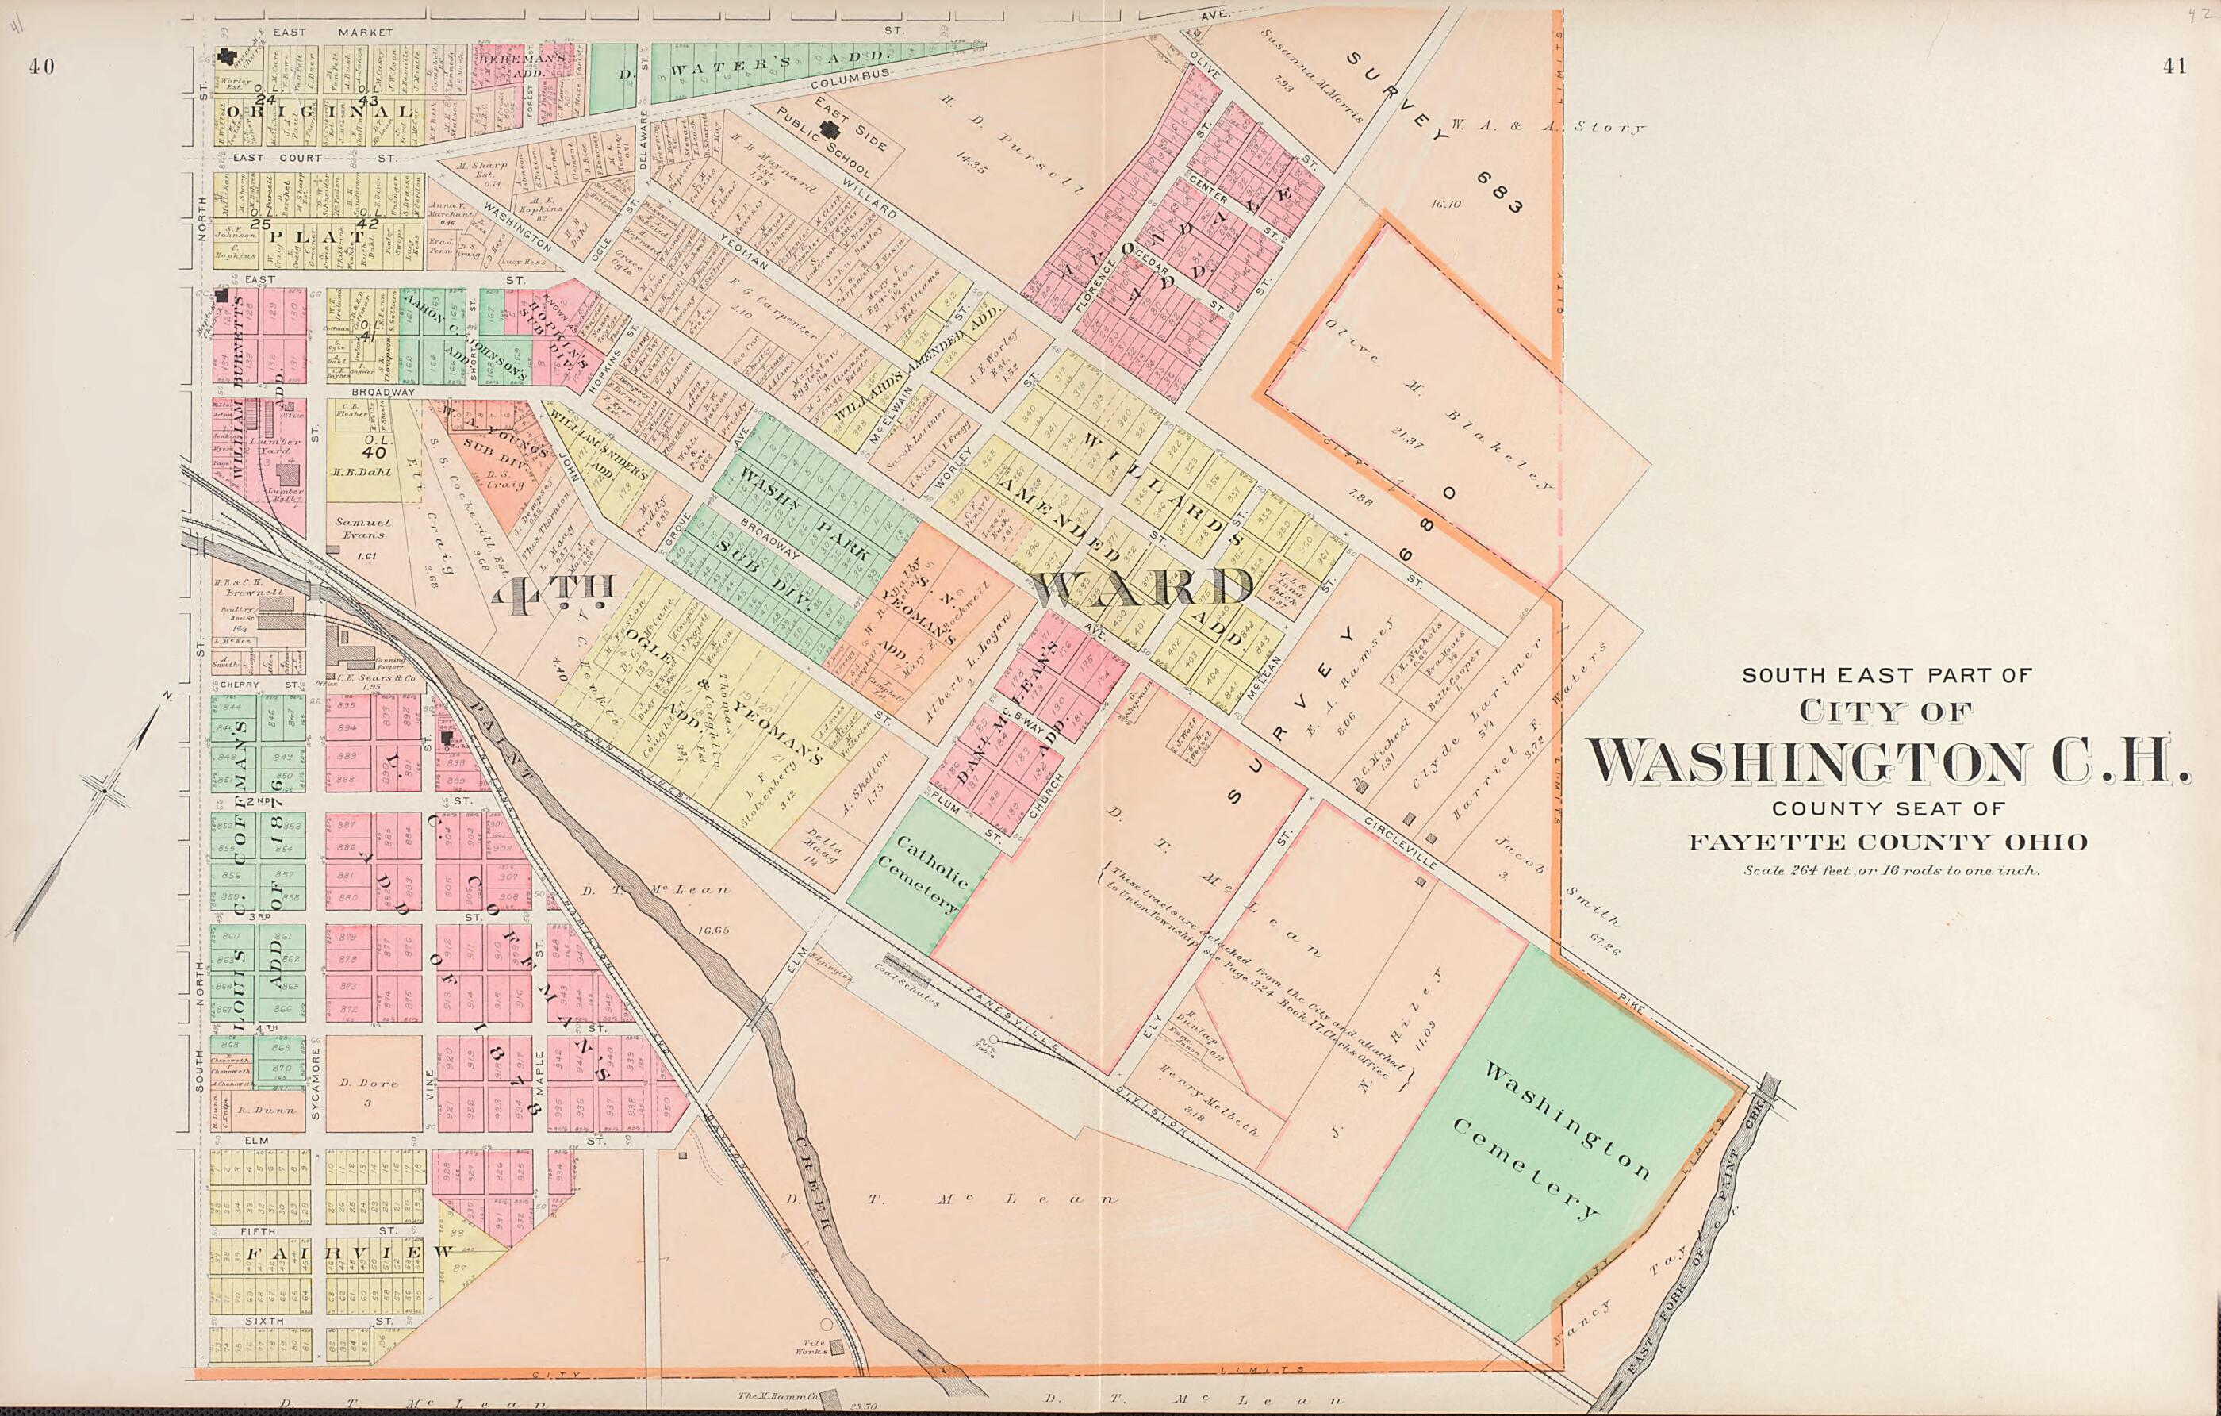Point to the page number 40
point(41,66)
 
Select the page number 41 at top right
point(2174,66)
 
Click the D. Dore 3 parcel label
point(367,1091)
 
